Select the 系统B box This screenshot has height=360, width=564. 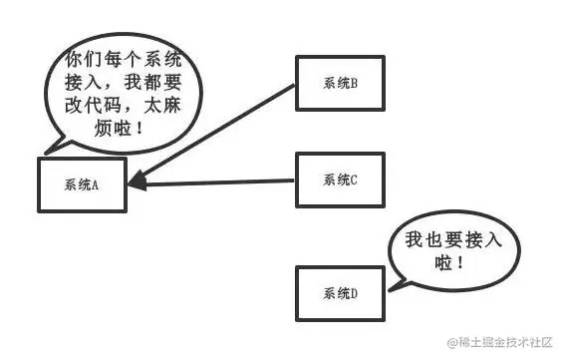(x=339, y=83)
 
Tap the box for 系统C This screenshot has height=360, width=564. (x=339, y=180)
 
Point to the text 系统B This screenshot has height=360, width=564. (x=340, y=83)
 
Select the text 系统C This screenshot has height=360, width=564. (x=340, y=180)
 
